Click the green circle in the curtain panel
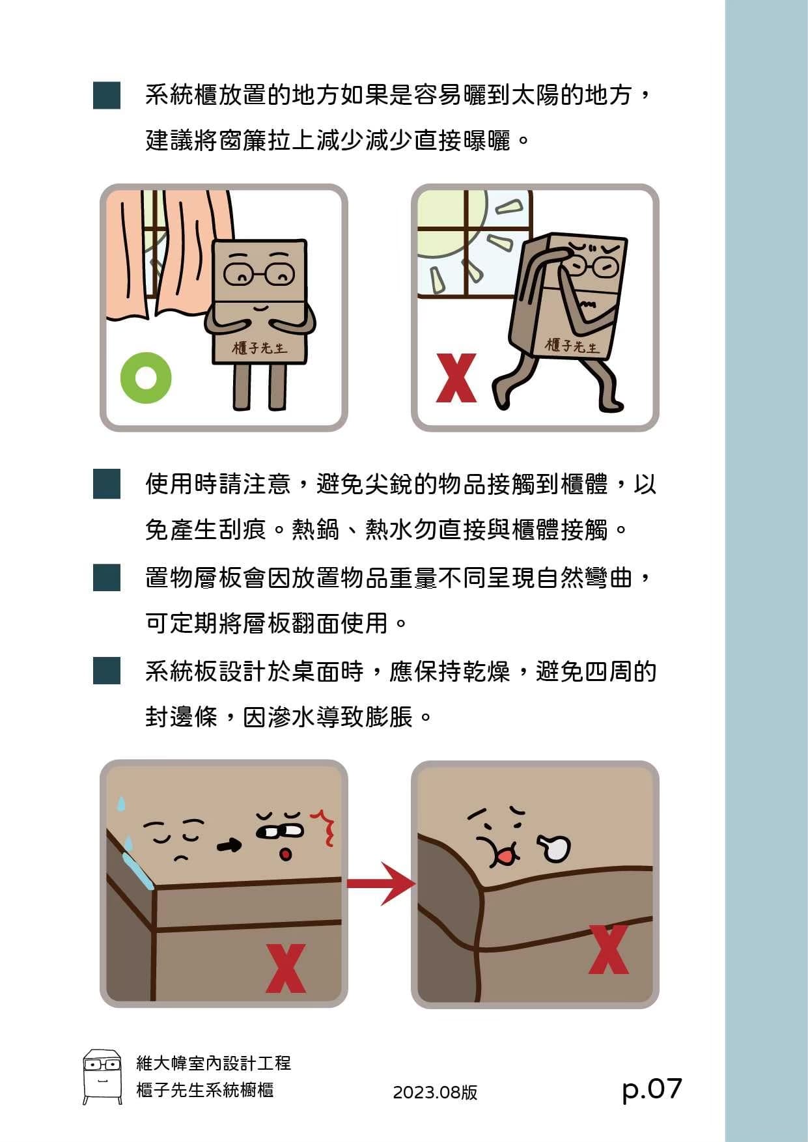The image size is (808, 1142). point(133,378)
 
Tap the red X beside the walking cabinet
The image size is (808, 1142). point(456,378)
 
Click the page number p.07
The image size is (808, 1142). point(652,1090)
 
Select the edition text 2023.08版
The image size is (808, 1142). point(435,1093)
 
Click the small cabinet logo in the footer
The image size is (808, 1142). point(102,1076)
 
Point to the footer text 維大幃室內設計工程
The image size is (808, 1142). point(214,1063)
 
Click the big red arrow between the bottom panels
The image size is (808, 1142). point(381,883)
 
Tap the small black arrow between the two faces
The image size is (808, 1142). point(229,845)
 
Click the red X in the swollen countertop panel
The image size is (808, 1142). point(609,949)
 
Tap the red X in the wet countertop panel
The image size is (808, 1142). point(286,968)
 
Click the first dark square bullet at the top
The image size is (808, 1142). point(107,95)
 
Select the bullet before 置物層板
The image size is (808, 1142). point(107,578)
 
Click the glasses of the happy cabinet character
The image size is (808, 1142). point(259,274)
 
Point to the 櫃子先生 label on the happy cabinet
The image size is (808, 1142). point(260,348)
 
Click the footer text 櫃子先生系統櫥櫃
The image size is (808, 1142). point(205,1090)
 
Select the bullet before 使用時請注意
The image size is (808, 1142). point(107,484)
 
